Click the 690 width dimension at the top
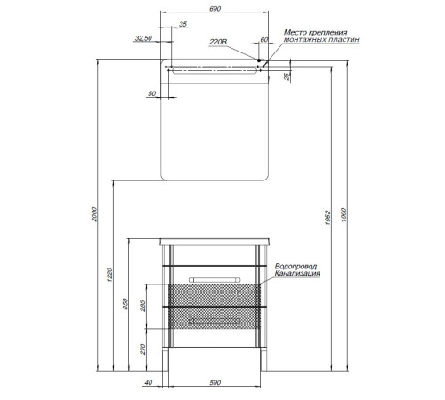(x=215, y=9)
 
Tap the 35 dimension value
(x=183, y=24)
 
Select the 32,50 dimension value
(x=143, y=38)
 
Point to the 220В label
(x=218, y=42)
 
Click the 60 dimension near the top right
(x=264, y=40)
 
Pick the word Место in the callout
(x=295, y=32)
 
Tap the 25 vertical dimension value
(x=287, y=76)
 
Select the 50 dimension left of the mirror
(x=151, y=93)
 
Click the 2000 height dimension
(x=94, y=214)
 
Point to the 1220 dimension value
(x=110, y=275)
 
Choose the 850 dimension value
(x=125, y=304)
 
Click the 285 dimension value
(x=143, y=306)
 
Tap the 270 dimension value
(x=143, y=349)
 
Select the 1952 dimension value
(x=328, y=218)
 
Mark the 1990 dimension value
(x=344, y=215)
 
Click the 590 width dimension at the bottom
(x=215, y=383)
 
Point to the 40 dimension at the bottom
(x=148, y=383)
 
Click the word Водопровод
(x=295, y=266)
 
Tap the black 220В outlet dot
(x=259, y=60)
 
